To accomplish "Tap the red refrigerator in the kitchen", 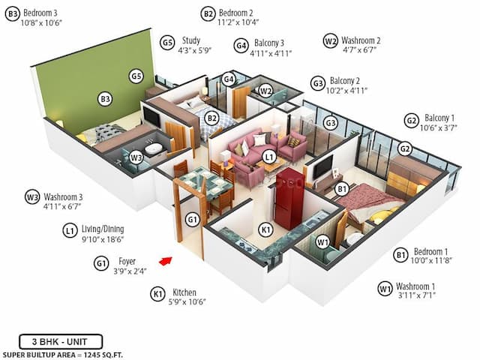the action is click(288, 199).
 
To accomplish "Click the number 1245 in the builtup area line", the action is click(96, 352).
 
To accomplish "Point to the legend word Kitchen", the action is click(184, 292).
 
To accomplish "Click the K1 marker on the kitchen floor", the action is click(265, 228).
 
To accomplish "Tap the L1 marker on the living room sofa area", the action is click(268, 156).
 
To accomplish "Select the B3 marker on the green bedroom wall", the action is click(105, 97).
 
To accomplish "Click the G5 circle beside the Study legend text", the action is click(167, 42).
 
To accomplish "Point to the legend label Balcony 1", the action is click(440, 118).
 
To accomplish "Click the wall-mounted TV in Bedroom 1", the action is click(324, 166).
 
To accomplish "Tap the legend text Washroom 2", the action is click(361, 40).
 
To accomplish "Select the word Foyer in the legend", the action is click(127, 262).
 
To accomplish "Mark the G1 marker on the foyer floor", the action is click(192, 219).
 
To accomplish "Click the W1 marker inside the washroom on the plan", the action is click(322, 241).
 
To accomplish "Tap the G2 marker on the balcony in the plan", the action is click(405, 148).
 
